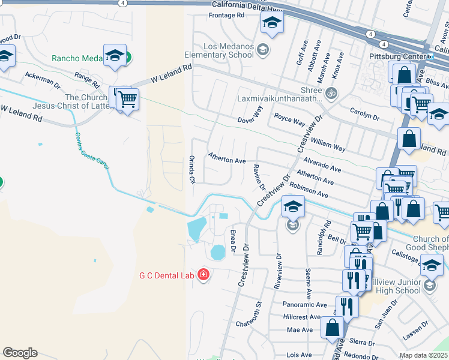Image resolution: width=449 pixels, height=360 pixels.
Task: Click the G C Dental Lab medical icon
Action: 203,275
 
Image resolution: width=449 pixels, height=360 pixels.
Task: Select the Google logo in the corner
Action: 20,353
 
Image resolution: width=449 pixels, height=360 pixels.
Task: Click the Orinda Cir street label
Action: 193,169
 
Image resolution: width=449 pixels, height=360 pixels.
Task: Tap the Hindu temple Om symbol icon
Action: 330,93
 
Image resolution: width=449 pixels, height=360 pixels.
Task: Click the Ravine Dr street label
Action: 259,178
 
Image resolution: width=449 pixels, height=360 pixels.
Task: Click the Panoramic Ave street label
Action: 305,305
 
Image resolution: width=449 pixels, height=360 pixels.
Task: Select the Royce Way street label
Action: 289,118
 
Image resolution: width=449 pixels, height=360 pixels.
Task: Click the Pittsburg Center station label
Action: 396,57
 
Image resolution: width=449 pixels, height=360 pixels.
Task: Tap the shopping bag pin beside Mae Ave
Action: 332,327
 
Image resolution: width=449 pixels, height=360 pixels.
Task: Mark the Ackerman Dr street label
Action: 42,79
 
